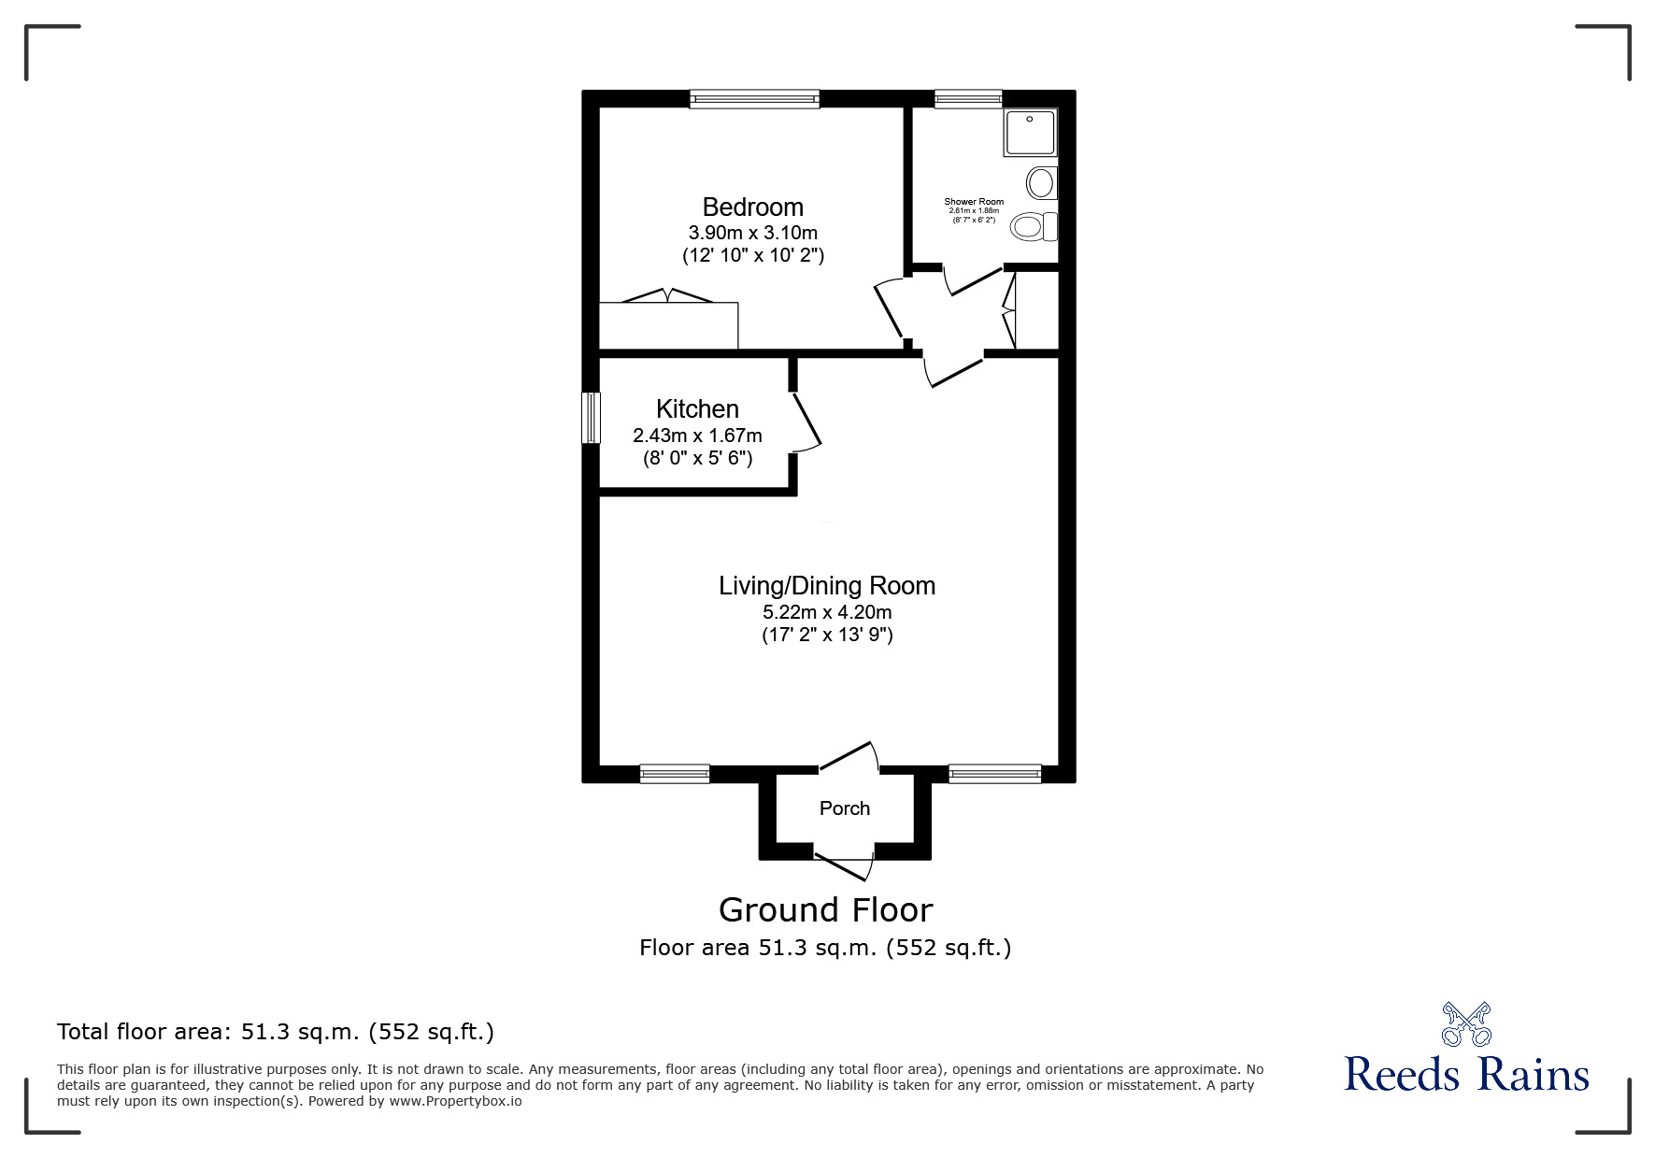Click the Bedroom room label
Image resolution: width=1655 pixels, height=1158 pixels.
pyautogui.click(x=752, y=207)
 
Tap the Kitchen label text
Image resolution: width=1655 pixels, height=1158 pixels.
pyautogui.click(x=697, y=408)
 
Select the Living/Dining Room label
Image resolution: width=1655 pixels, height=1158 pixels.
pyautogui.click(x=827, y=586)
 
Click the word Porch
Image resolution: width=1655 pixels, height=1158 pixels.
pyautogui.click(x=845, y=808)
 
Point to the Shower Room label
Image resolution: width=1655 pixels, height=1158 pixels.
pyautogui.click(x=974, y=202)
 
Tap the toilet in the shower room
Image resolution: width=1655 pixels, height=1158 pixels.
pyautogui.click(x=1035, y=226)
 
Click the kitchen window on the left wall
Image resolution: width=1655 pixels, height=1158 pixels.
pyautogui.click(x=591, y=418)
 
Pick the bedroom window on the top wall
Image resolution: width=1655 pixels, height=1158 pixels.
pyautogui.click(x=754, y=98)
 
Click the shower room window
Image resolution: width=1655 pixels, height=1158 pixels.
pyautogui.click(x=968, y=98)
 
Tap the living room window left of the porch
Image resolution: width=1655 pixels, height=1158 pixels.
pyautogui.click(x=675, y=773)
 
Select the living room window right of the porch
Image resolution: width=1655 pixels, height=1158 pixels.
pyautogui.click(x=994, y=773)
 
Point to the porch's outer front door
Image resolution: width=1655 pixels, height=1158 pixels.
pyautogui.click(x=844, y=866)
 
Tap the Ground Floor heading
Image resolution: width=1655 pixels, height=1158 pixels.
pyautogui.click(x=826, y=909)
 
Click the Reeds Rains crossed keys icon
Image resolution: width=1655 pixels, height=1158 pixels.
pyautogui.click(x=1466, y=1023)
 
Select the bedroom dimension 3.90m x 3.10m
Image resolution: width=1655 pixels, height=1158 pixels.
pyautogui.click(x=752, y=233)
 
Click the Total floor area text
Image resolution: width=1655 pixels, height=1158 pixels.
pyautogui.click(x=276, y=1032)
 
